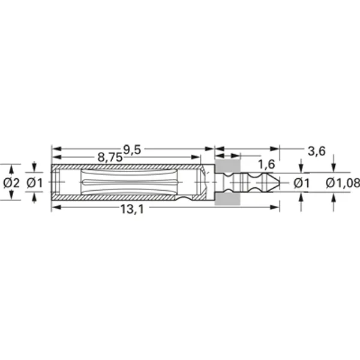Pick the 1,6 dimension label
pyautogui.click(x=266, y=164)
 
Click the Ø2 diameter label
pyautogui.click(x=11, y=182)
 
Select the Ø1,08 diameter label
pyautogui.click(x=343, y=183)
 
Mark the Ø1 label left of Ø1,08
pyautogui.click(x=302, y=182)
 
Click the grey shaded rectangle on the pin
pyautogui.click(x=227, y=182)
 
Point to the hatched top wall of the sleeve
pyautogui.click(x=126, y=166)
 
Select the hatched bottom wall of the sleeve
pyautogui.click(x=126, y=197)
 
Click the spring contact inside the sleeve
pyautogui.click(x=129, y=182)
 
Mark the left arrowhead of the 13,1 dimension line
pyautogui.click(x=55, y=208)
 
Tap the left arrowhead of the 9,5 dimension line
pyautogui.click(x=55, y=148)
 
